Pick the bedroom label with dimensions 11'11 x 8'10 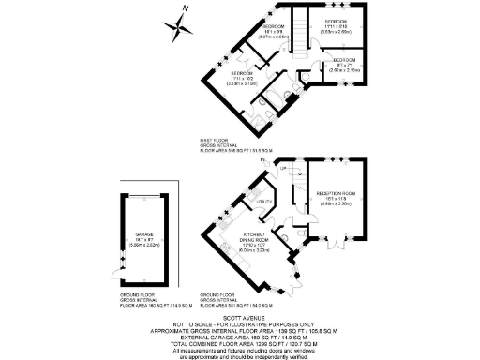pos(335,21)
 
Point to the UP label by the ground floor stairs pos(282,169)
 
